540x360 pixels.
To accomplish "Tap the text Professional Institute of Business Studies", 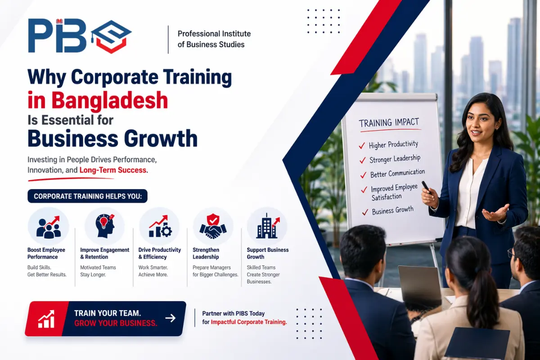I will (214, 39).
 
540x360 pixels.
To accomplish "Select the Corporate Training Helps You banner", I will (87, 196).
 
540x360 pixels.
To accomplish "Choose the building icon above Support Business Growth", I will (267, 226).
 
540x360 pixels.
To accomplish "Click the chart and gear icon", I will (159, 226).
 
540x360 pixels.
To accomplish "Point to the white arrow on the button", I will (170, 318).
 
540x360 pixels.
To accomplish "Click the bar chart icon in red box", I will (46, 319).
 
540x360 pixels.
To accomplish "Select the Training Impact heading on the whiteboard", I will (389, 122).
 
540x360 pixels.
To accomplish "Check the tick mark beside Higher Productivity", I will (361, 146).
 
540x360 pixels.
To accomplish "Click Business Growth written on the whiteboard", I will (393, 211).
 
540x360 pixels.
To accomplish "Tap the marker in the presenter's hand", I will (426, 186).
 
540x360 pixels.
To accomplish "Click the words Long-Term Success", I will (113, 170).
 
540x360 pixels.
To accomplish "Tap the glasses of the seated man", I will (511, 253).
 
